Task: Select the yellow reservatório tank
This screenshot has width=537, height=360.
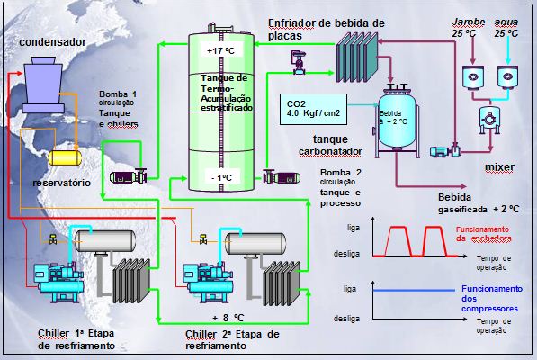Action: [x=65, y=157]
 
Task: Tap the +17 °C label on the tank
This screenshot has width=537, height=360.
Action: [x=220, y=51]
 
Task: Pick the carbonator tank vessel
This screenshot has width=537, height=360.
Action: [x=395, y=121]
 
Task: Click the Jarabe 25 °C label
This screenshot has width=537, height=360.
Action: [x=465, y=26]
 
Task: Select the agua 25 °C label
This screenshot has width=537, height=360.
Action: [x=506, y=26]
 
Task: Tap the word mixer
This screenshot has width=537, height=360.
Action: [x=498, y=168]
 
